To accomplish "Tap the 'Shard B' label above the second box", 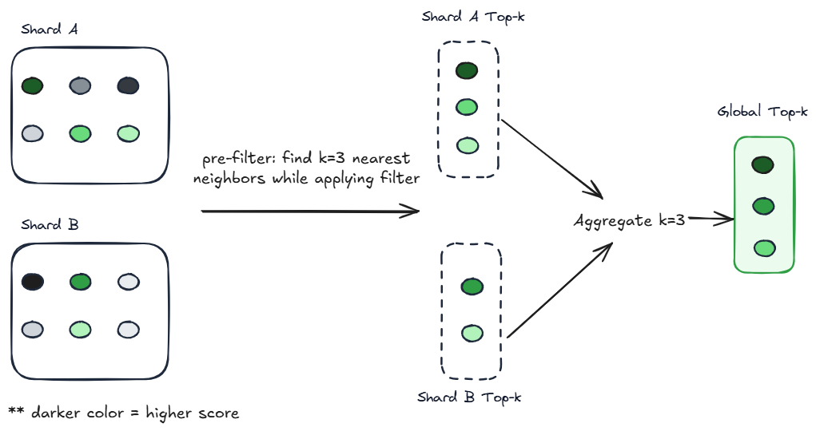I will [x=50, y=225].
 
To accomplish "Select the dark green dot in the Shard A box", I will [x=32, y=85].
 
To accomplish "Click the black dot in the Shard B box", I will [x=32, y=282].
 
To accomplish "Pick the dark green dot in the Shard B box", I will [x=80, y=282].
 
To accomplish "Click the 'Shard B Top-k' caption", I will [x=470, y=397].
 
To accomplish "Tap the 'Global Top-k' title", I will [x=762, y=112].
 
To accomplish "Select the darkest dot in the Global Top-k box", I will [x=763, y=165].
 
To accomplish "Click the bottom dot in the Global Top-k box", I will [x=763, y=248].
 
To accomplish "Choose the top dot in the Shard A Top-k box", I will [x=467, y=70].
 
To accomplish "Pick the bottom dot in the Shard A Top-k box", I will [x=467, y=145].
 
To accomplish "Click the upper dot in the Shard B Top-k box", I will [x=472, y=287].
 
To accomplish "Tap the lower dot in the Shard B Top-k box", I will [x=472, y=333].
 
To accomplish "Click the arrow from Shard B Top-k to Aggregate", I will [x=559, y=291].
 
